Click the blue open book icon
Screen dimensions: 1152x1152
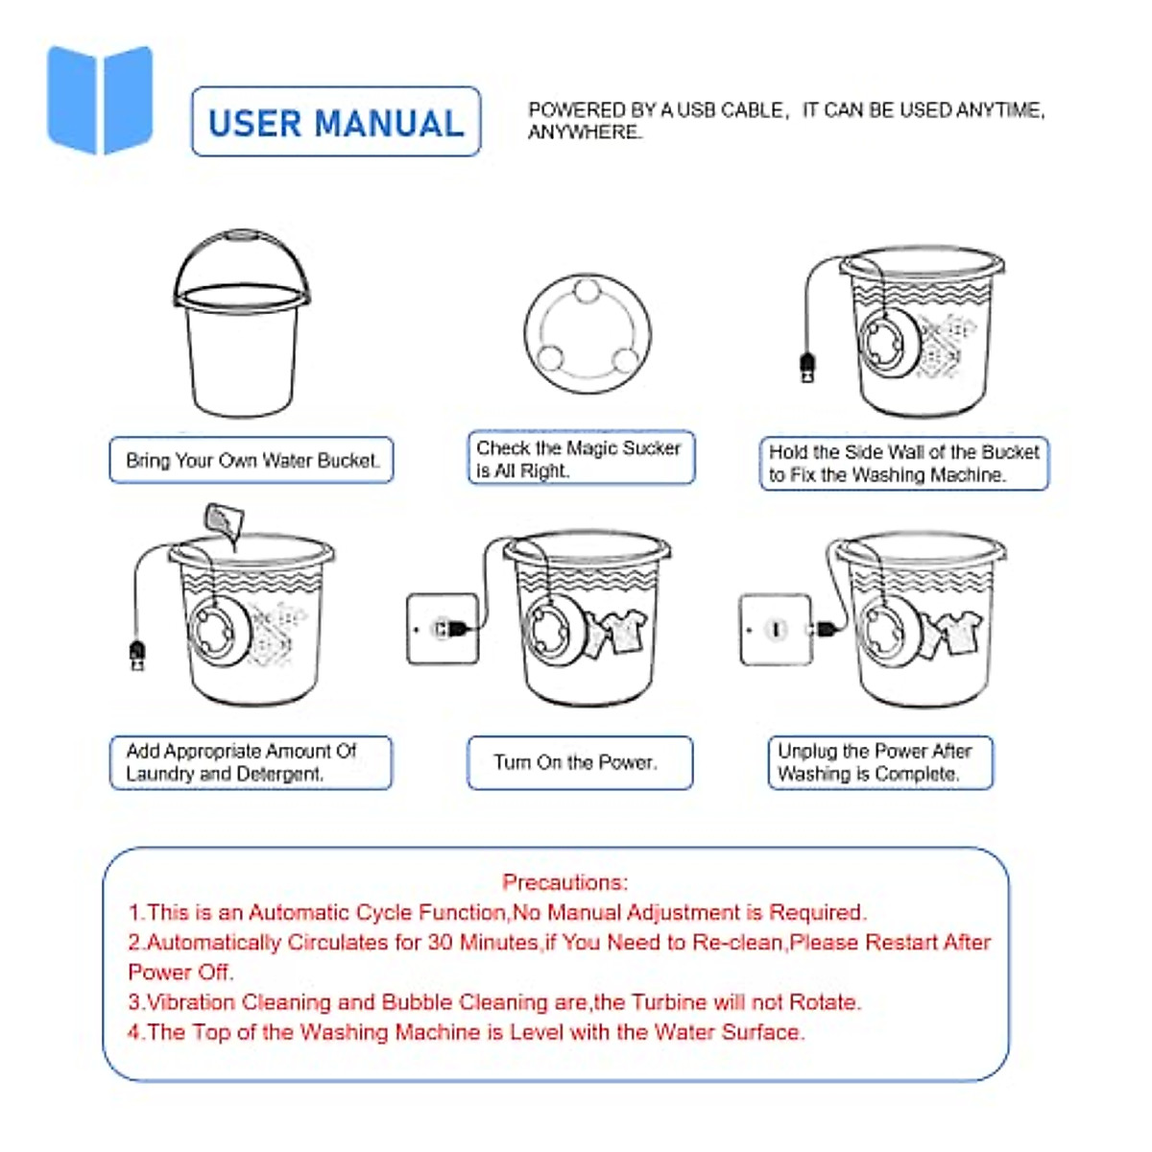coord(100,99)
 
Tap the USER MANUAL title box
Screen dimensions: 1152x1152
coord(336,122)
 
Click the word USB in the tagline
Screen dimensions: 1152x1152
coord(697,110)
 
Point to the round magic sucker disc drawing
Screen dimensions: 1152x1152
coord(588,333)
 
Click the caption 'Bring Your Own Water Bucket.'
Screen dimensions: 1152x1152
coord(252,461)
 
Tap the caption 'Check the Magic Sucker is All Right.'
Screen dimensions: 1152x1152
coord(580,459)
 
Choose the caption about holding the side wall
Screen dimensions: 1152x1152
coord(903,464)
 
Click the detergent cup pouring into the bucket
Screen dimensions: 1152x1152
coord(223,523)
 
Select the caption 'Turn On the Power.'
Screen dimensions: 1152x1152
coord(579,762)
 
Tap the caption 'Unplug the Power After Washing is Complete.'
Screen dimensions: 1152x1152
coord(879,762)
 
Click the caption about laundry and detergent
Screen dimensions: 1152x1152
coord(251,762)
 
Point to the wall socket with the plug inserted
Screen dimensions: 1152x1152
coord(443,629)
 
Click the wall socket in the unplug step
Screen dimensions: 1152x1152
coord(776,630)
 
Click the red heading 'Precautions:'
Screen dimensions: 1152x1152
coord(564,882)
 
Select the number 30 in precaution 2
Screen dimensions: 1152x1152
coord(441,943)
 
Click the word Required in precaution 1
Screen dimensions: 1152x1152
coord(817,912)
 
